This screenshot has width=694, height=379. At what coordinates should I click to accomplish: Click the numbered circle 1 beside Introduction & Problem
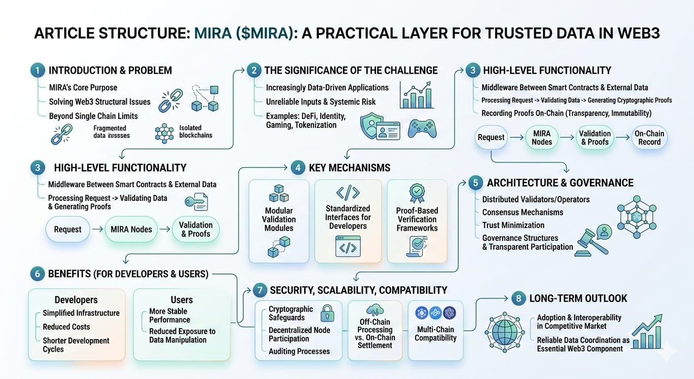pyautogui.click(x=36, y=70)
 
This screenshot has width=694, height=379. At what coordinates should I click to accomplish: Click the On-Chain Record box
pyautogui.click(x=649, y=138)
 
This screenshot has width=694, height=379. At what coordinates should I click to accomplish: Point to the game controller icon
pyautogui.click(x=422, y=128)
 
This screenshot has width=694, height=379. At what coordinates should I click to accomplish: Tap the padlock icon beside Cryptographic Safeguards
pyautogui.click(x=327, y=312)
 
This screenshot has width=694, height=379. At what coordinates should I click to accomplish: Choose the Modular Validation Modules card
pyautogui.click(x=279, y=221)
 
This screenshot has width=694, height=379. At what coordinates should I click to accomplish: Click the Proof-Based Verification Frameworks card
pyautogui.click(x=417, y=221)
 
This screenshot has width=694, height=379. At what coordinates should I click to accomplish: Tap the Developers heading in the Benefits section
pyautogui.click(x=76, y=300)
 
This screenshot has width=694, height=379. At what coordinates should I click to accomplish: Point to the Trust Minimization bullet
pyautogui.click(x=513, y=225)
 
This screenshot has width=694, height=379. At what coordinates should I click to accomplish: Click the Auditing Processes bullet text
pyautogui.click(x=299, y=351)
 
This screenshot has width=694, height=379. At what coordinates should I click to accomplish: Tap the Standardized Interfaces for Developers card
pyautogui.click(x=348, y=221)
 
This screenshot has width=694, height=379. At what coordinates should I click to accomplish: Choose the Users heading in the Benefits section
pyautogui.click(x=181, y=300)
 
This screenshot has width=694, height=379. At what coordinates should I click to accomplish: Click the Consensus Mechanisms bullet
pyautogui.click(x=522, y=212)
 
